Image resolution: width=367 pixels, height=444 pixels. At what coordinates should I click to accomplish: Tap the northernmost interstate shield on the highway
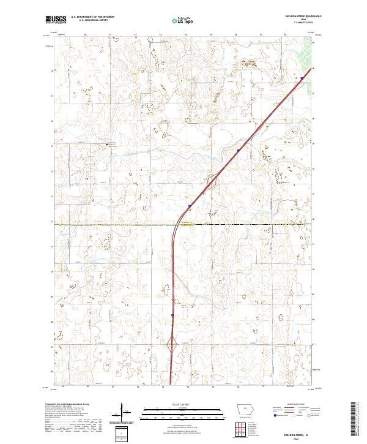[302, 78]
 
